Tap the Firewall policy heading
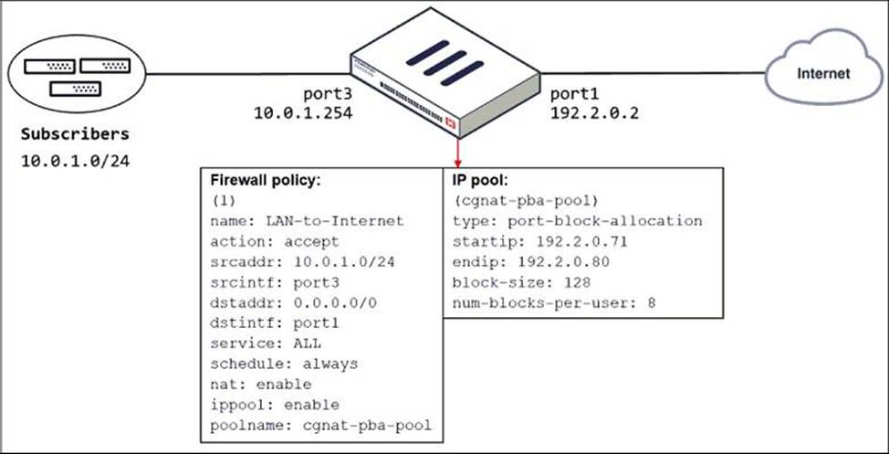[x=267, y=180]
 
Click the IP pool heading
[x=482, y=180]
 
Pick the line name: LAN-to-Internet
[x=307, y=220]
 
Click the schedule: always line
[x=284, y=363]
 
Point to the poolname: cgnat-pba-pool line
[x=320, y=424]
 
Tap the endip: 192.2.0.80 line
[x=522, y=261]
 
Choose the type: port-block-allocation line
[x=578, y=221]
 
